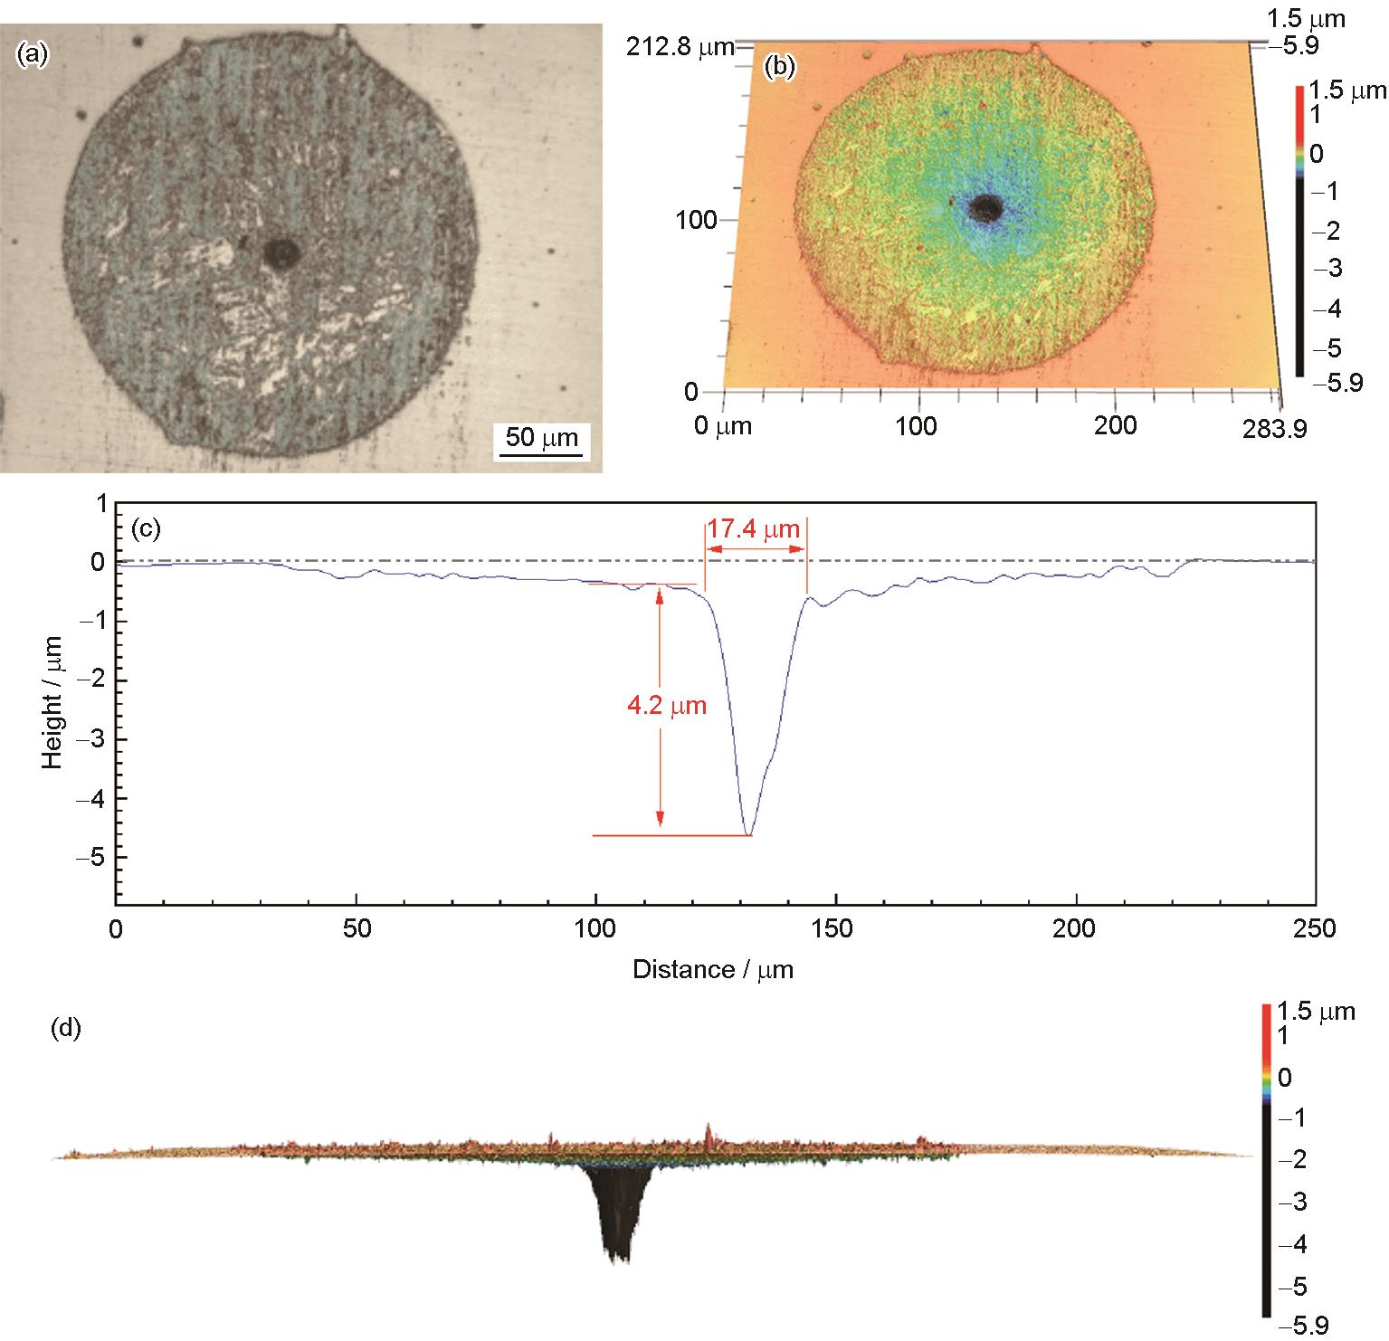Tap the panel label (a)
32,55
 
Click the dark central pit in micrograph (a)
282,253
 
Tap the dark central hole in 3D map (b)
985,209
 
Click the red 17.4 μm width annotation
755,529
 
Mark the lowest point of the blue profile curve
748,834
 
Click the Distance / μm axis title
713,970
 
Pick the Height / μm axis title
52,702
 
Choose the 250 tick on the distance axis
1314,929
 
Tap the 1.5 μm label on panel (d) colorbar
1316,1011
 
